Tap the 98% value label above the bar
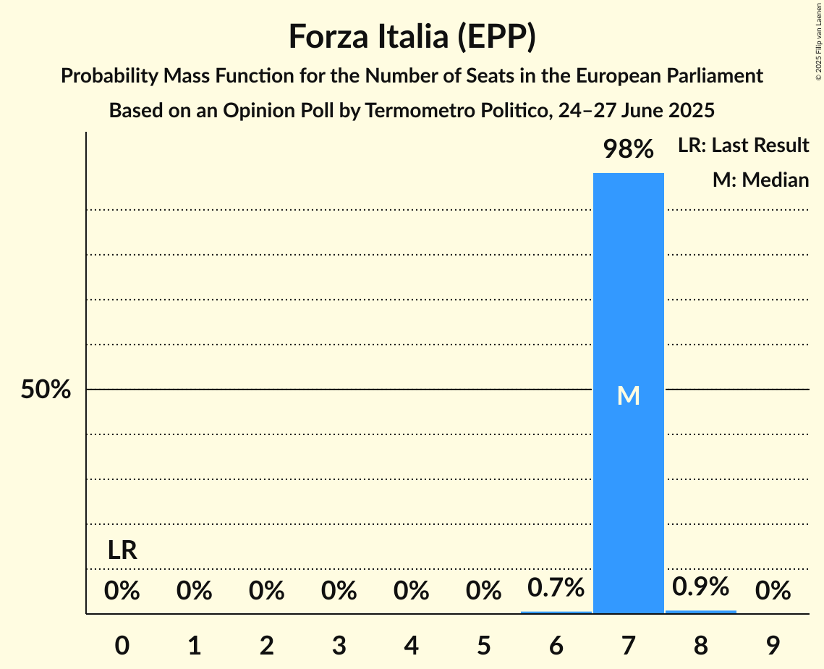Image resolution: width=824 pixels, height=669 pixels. tap(628, 150)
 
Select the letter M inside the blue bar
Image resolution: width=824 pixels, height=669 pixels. tap(628, 395)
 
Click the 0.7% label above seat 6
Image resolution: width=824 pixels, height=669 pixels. tap(556, 587)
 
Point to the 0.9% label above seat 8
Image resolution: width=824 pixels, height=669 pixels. tap(700, 586)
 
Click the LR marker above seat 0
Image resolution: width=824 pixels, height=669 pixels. tap(122, 551)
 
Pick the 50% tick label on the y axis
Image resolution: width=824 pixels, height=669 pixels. tap(46, 390)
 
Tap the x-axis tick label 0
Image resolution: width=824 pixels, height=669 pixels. tap(122, 645)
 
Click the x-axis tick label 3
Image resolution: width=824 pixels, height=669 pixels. tap(339, 645)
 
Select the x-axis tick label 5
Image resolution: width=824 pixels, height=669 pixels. tap(483, 645)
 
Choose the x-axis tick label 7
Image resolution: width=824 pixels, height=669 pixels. tap(628, 645)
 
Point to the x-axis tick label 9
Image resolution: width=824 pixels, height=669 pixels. tap(773, 645)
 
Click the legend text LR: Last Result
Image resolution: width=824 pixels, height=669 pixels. tap(743, 146)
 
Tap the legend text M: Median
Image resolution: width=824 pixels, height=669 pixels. tap(760, 180)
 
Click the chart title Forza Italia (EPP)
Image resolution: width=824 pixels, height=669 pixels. tap(412, 36)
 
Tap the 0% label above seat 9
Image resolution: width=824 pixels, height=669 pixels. tap(773, 592)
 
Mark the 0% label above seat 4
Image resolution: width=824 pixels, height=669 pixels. tap(411, 592)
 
